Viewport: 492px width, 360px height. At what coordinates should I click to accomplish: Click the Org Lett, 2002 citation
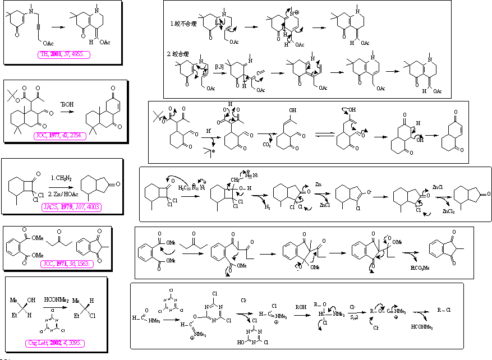pyautogui.click(x=54, y=343)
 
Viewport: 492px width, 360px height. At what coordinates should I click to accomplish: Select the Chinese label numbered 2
pyautogui.click(x=179, y=54)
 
